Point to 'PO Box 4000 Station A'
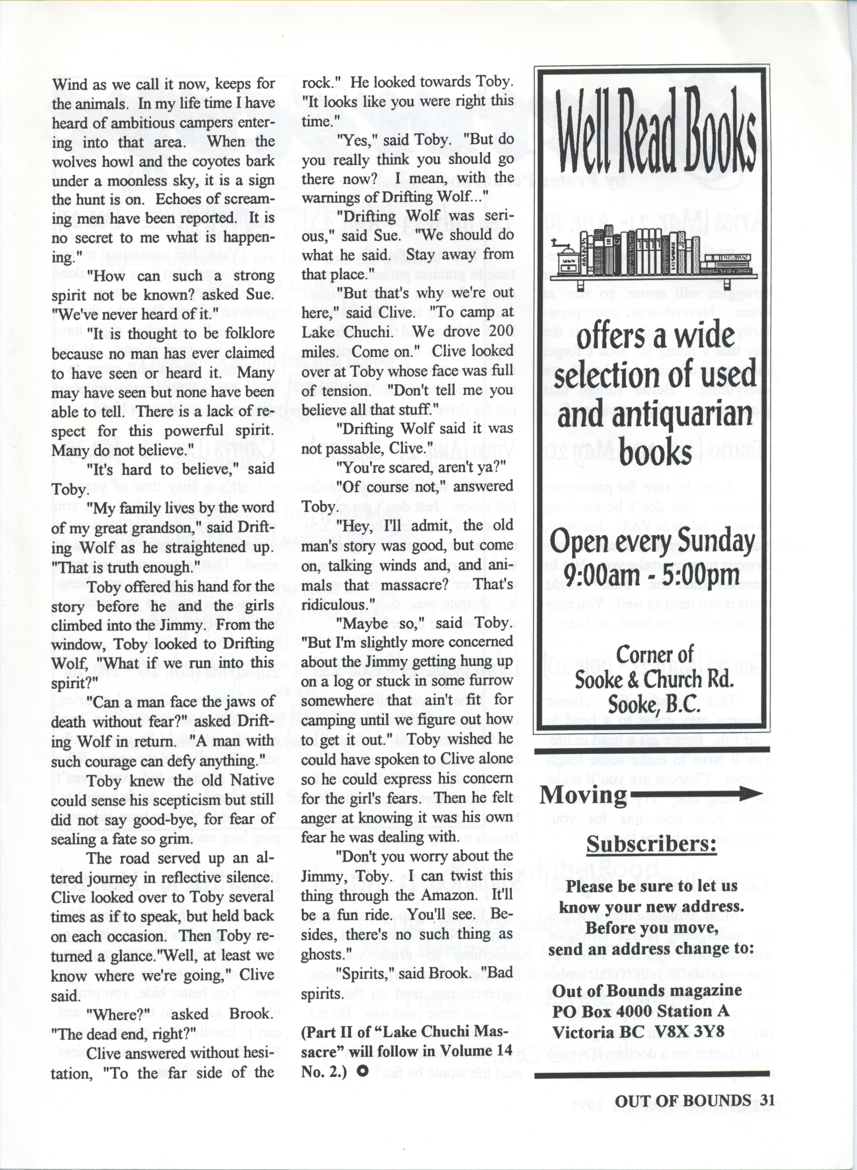pos(640,1011)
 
